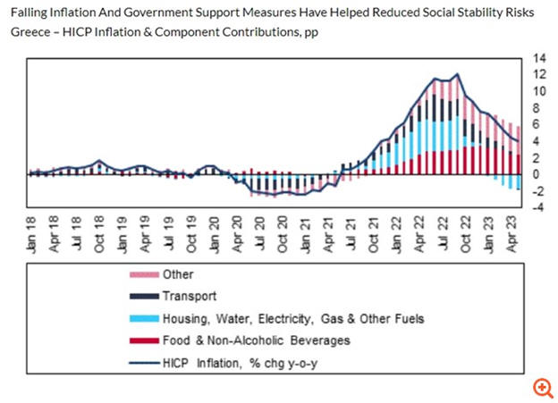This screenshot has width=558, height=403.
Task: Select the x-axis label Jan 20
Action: click(213, 231)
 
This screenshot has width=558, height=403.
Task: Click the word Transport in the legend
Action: click(189, 297)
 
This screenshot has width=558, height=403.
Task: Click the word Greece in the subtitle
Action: click(30, 32)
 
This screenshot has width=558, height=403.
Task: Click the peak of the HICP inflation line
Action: click(458, 74)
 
